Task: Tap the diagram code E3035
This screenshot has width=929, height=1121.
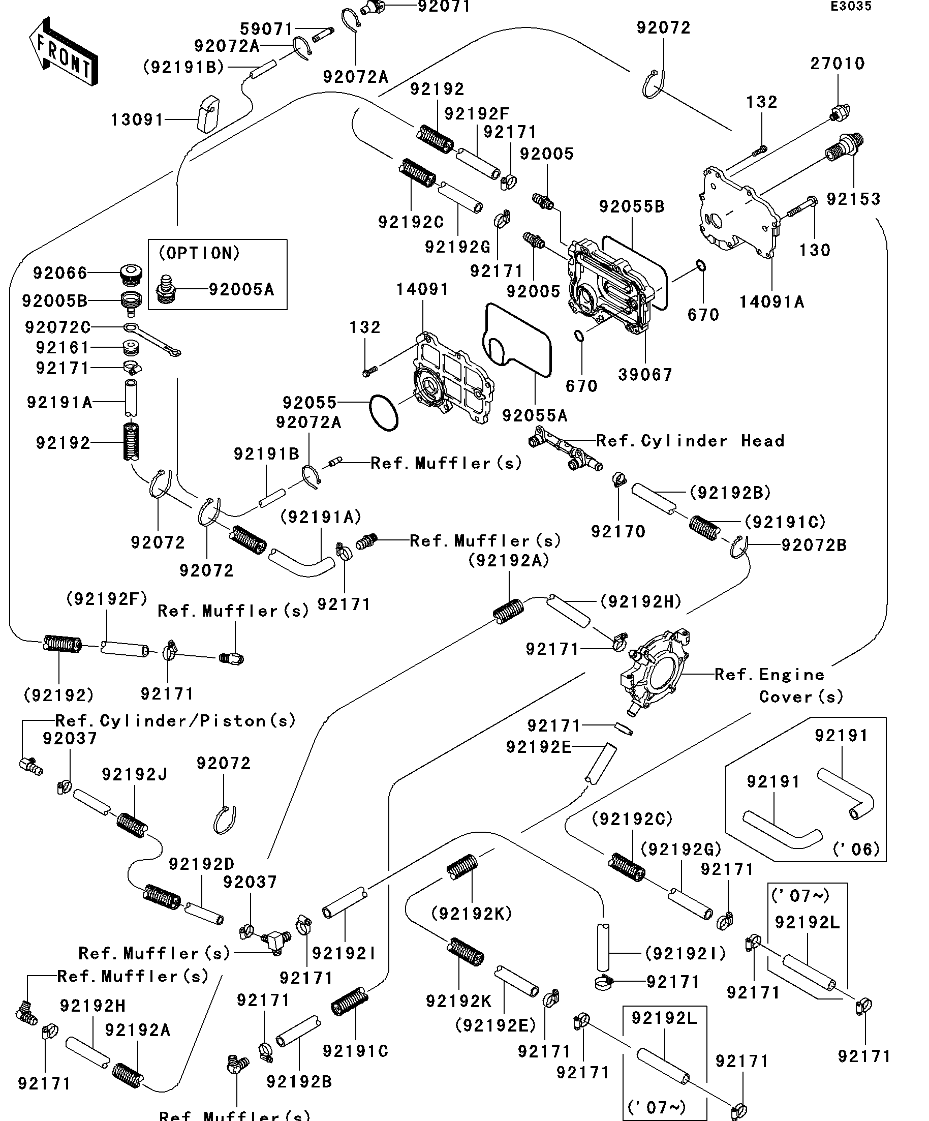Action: pyautogui.click(x=851, y=7)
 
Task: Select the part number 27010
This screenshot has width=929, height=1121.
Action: pyautogui.click(x=837, y=64)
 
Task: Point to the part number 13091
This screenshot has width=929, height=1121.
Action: pyautogui.click(x=137, y=119)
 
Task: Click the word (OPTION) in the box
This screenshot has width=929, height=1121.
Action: pyautogui.click(x=200, y=253)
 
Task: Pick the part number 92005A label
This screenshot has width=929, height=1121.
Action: pyautogui.click(x=241, y=290)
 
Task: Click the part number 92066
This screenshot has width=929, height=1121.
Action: pyautogui.click(x=60, y=274)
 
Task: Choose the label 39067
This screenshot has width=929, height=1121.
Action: pyautogui.click(x=645, y=375)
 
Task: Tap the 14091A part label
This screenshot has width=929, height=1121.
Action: pyautogui.click(x=771, y=302)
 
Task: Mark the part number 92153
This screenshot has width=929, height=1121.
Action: pyautogui.click(x=853, y=199)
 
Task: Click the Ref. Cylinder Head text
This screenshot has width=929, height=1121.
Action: pyautogui.click(x=690, y=441)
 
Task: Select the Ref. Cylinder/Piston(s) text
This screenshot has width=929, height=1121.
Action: pyautogui.click(x=175, y=721)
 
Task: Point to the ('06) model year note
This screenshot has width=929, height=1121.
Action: pyautogui.click(x=856, y=849)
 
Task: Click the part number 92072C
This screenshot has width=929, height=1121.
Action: pyautogui.click(x=57, y=327)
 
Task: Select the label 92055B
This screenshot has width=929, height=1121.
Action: pyautogui.click(x=632, y=206)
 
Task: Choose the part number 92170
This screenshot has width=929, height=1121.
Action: pyautogui.click(x=618, y=531)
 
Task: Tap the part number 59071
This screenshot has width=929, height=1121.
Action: pyautogui.click(x=266, y=29)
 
